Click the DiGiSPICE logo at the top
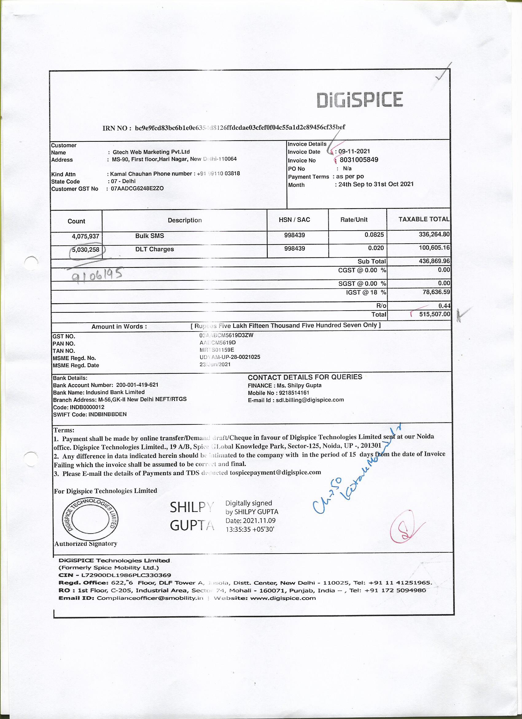360,100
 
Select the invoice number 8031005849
359,160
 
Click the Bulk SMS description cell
150,236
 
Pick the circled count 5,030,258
86,250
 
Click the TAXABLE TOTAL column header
423,219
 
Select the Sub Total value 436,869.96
434,261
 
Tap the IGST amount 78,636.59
436,292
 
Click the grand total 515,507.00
434,314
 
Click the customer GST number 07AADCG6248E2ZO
137,189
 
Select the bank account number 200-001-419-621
137,385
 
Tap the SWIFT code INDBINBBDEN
108,414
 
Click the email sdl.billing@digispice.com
310,400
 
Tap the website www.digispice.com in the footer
283,598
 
